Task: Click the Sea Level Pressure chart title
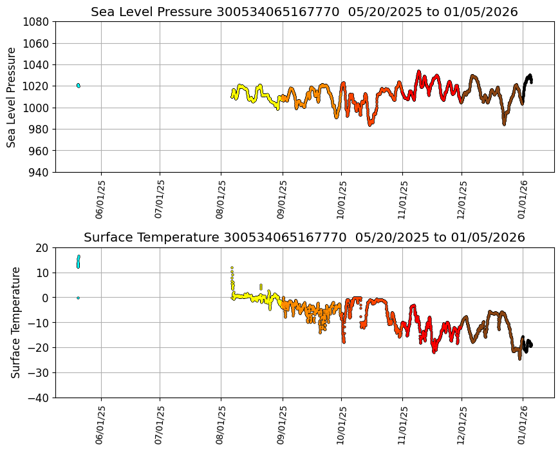click(x=304, y=12)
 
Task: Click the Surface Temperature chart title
click(x=304, y=237)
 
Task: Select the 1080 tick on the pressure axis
click(x=37, y=22)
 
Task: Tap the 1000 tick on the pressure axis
click(x=37, y=108)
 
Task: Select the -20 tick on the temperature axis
click(x=40, y=348)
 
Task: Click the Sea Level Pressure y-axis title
click(x=12, y=97)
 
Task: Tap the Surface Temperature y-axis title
click(x=16, y=322)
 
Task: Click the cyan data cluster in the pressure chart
click(x=78, y=85)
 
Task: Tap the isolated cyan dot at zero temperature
click(x=78, y=298)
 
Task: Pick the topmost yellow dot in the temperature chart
click(x=232, y=267)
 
